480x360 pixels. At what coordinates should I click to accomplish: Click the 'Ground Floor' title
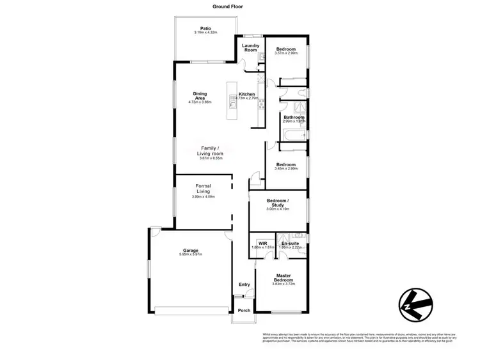click(x=228, y=6)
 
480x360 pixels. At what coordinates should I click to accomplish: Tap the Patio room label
click(x=205, y=28)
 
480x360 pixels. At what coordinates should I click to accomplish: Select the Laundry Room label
click(x=250, y=47)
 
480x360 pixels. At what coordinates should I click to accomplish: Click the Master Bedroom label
click(x=284, y=278)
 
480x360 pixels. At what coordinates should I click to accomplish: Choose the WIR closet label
click(x=262, y=243)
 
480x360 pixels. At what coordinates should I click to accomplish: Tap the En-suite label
click(x=291, y=243)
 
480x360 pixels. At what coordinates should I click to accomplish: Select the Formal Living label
click(x=204, y=189)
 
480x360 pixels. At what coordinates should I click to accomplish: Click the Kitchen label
click(x=247, y=95)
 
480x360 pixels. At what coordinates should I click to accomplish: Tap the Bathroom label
click(x=294, y=117)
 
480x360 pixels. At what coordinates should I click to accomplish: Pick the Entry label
click(x=244, y=285)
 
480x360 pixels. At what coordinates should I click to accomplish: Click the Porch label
click(x=244, y=311)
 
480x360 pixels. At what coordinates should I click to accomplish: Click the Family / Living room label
click(x=212, y=151)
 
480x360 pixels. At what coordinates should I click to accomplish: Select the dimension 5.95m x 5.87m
click(x=191, y=254)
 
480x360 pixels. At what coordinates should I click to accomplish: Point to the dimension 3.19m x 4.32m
click(x=205, y=33)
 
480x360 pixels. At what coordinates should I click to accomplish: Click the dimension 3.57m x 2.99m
click(x=285, y=53)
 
